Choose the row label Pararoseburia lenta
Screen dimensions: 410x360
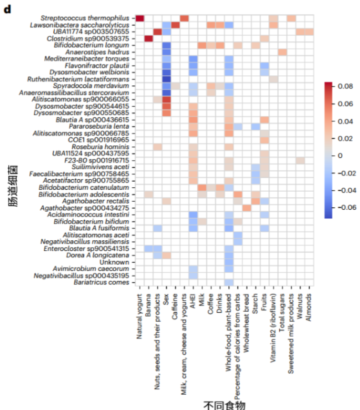coord(106,127)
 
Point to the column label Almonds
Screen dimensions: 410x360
coord(309,304)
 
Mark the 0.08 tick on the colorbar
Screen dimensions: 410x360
coord(345,86)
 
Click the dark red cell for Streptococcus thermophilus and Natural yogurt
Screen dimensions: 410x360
coord(140,18)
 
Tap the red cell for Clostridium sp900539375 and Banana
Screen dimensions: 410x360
coord(148,38)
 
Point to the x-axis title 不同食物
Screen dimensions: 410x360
coord(224,404)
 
